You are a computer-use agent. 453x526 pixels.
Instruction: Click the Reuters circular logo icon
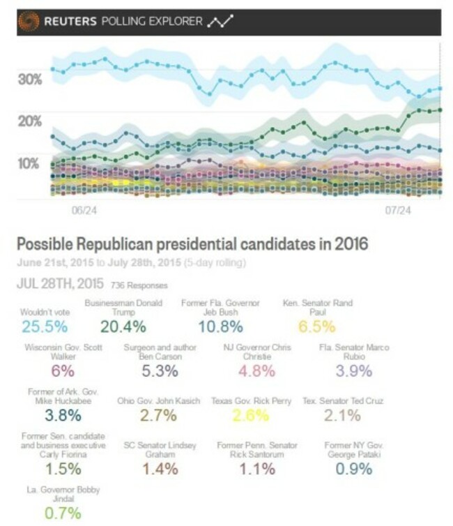29,22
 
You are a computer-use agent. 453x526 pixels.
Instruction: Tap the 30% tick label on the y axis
31,80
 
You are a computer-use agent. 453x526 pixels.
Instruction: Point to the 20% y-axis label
31,121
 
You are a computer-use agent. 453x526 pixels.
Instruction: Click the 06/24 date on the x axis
83,209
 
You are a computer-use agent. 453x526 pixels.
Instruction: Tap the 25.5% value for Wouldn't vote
45,326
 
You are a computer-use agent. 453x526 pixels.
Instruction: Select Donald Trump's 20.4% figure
123,326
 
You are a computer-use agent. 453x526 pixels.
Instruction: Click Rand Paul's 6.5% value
317,326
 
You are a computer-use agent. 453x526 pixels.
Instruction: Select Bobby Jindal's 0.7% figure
44,513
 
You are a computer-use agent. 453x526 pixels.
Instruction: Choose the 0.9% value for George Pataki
353,468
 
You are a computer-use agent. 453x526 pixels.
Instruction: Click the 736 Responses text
139,285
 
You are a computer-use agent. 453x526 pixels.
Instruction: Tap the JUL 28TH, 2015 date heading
60,284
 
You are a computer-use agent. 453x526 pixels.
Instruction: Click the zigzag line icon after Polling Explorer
220,22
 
